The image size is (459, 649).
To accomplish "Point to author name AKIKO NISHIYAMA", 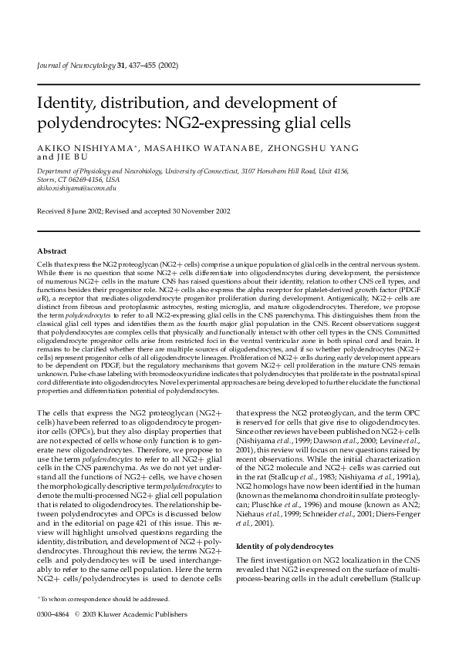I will tap(69, 148).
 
